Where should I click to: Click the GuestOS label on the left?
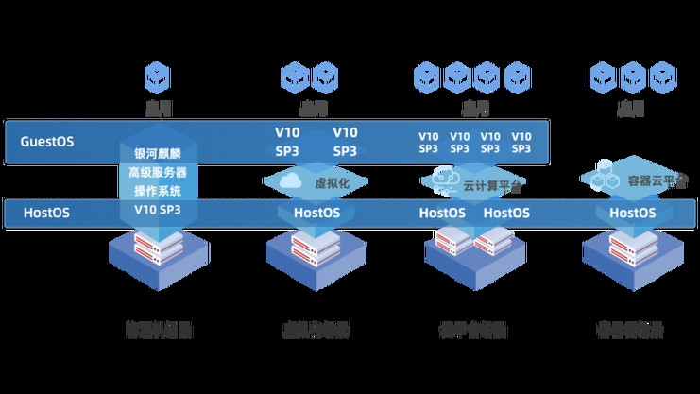[x=47, y=142]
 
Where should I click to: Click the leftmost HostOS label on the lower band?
[x=44, y=213]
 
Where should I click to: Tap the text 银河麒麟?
[x=158, y=154]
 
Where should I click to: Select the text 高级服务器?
[x=158, y=173]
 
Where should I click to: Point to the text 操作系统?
[x=158, y=191]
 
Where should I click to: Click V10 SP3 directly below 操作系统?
[x=158, y=209]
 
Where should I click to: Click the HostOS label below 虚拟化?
[x=316, y=213]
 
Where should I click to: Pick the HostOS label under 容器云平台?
[x=632, y=213]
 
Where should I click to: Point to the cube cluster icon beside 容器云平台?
[x=600, y=179]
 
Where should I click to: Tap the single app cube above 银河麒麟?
[x=157, y=75]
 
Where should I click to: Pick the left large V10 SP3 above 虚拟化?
[x=289, y=142]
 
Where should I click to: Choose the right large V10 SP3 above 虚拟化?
[x=345, y=142]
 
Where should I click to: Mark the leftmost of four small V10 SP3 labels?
[x=429, y=142]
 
